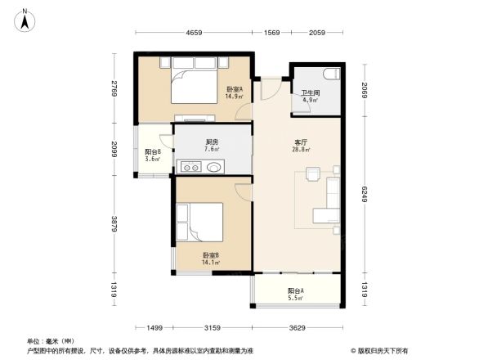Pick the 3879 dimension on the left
pos(115,223)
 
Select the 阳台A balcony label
pos(296,294)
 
